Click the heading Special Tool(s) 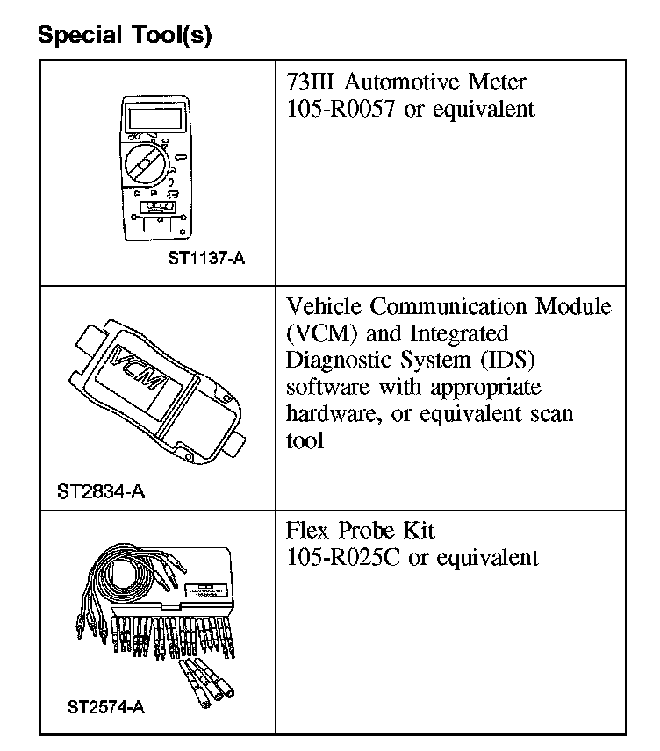pos(126,37)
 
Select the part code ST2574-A pos(105,705)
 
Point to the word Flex pos(307,530)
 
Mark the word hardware pos(328,413)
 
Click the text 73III pos(311,82)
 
